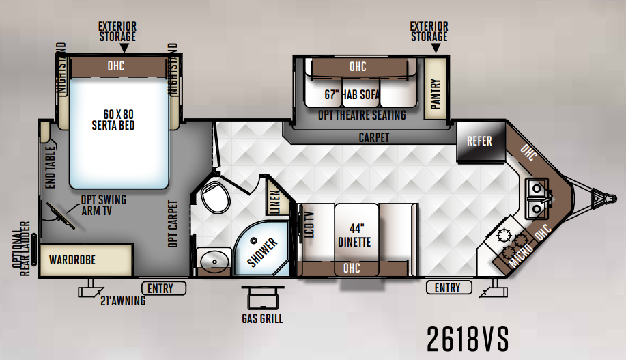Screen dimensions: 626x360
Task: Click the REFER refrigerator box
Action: click(x=481, y=142)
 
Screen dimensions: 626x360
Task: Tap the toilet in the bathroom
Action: click(x=215, y=196)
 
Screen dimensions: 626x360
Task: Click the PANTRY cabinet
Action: click(x=435, y=88)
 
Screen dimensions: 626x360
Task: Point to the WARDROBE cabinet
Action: click(x=86, y=260)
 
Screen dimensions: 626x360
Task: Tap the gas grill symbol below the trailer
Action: click(x=263, y=297)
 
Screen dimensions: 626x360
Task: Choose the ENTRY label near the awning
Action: click(x=164, y=288)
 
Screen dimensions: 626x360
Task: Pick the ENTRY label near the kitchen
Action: click(x=449, y=288)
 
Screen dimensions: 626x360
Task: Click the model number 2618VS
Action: click(x=468, y=339)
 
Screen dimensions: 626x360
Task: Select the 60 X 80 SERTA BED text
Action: click(x=114, y=120)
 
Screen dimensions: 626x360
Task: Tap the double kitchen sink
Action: click(x=538, y=198)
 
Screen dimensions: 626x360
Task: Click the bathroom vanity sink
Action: click(x=214, y=260)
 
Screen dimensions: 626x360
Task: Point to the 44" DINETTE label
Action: click(x=354, y=236)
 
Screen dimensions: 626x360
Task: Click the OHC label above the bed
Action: click(x=116, y=66)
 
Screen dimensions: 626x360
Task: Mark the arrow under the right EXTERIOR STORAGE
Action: click(x=436, y=48)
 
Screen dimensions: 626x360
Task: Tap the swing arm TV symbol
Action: click(x=61, y=216)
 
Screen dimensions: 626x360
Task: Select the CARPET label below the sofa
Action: click(x=373, y=137)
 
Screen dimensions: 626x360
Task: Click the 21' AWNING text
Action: click(x=123, y=301)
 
